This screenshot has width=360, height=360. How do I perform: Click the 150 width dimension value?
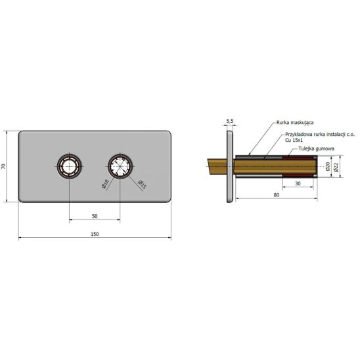point(95,234)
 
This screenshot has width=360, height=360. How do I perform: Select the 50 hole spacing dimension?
point(95,216)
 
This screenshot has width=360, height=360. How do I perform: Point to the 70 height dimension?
point(3,166)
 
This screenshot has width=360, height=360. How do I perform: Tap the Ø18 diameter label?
point(105,184)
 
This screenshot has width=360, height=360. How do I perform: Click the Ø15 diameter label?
point(142,185)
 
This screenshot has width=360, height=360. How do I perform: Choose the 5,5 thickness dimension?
point(230,121)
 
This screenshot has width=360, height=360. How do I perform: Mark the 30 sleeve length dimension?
point(298,183)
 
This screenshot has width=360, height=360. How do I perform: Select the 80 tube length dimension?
point(277,195)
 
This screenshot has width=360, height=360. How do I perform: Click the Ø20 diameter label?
point(328,166)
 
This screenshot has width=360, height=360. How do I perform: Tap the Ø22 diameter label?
point(336,166)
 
